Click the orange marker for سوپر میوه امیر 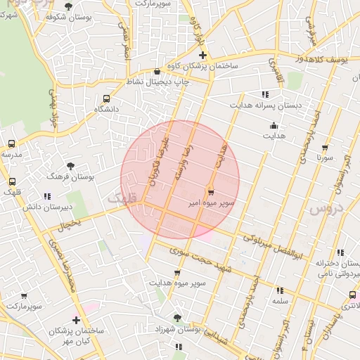210,191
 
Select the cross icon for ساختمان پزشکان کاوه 202,55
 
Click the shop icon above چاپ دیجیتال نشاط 156,72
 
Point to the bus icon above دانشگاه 106,99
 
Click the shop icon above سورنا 324,148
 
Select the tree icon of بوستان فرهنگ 70,165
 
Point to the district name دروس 324,209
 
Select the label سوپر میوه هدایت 176,283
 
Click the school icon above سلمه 280,290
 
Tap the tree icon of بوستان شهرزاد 177,318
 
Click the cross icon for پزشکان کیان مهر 76,320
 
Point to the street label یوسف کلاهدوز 323,60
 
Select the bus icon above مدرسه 11,143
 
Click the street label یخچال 70,225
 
